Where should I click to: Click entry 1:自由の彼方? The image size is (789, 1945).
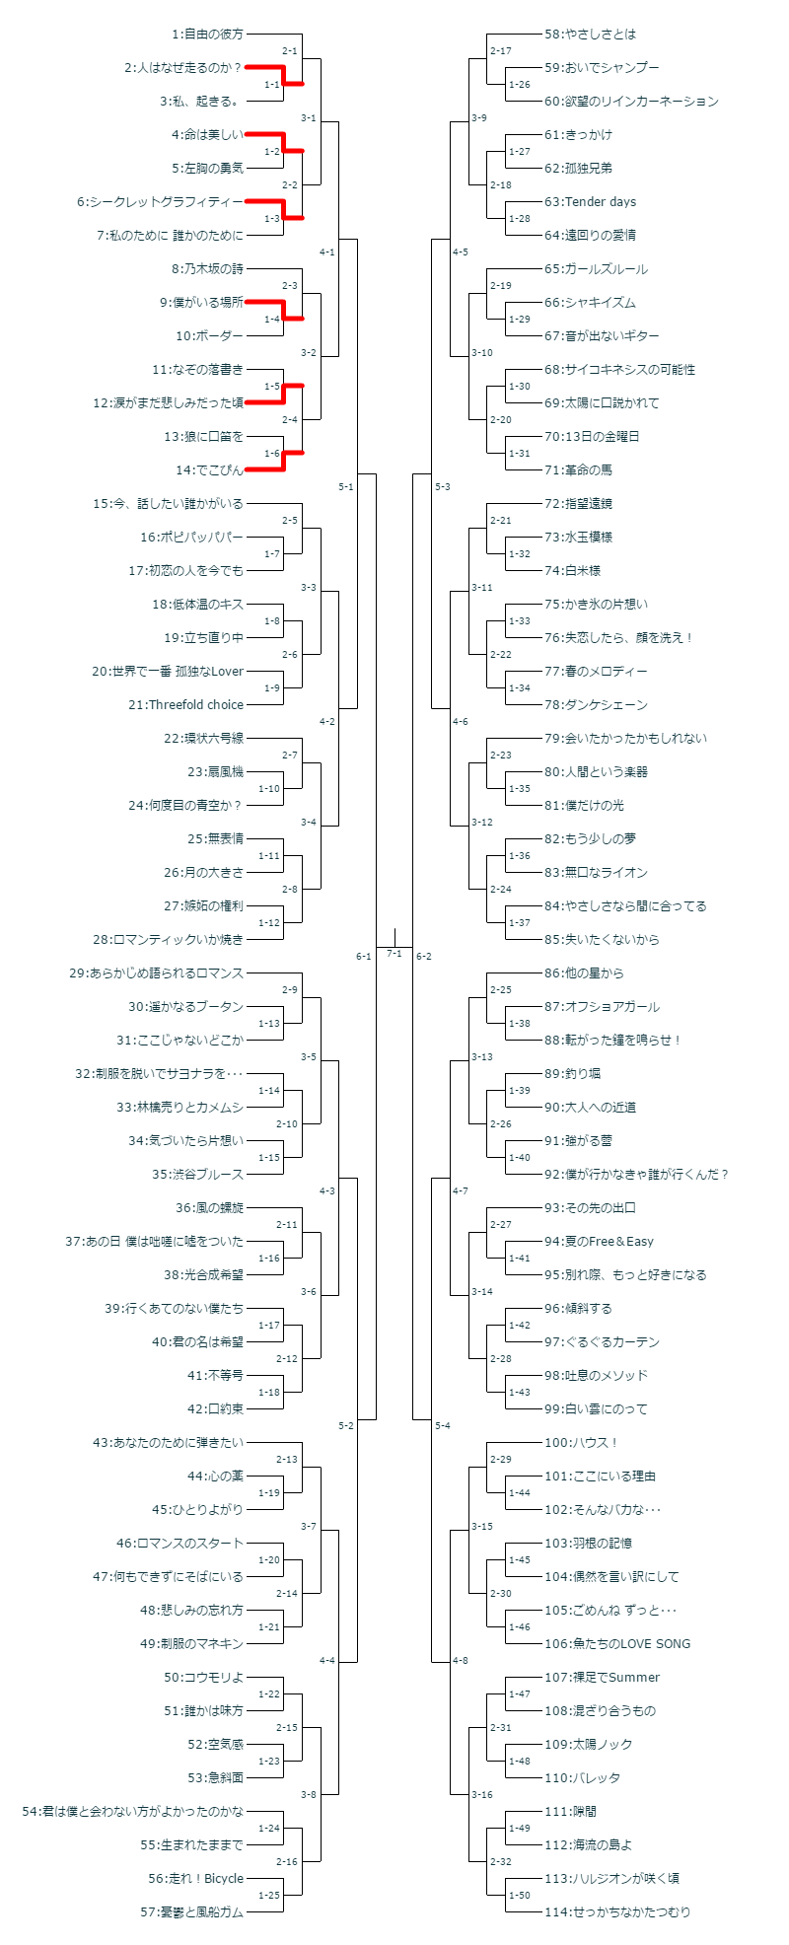(207, 35)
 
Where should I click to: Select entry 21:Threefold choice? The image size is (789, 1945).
(195, 705)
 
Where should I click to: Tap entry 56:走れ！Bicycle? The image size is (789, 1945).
(195, 1879)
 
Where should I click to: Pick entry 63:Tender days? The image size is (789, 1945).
(590, 202)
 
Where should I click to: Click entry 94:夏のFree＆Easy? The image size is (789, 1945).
(599, 1242)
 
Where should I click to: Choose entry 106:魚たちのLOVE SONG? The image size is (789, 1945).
(617, 1644)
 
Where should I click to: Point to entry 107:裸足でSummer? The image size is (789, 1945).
(602, 1678)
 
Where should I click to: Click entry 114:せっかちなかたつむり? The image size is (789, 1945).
(617, 1912)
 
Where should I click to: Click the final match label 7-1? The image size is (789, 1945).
(394, 954)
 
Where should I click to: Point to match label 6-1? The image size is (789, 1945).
(364, 956)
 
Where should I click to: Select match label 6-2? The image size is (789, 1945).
(424, 956)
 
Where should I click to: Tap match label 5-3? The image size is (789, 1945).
(442, 486)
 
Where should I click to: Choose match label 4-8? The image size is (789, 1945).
(461, 1660)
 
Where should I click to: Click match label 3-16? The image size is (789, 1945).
(481, 1794)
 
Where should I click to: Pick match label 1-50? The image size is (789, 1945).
(519, 1896)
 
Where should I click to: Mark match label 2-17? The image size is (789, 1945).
(500, 50)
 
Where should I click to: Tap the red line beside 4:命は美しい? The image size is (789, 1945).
(264, 134)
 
